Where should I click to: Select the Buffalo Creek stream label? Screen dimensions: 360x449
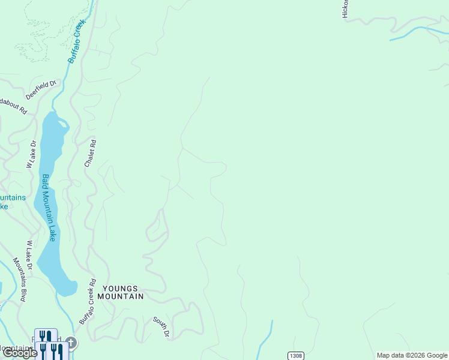[x=77, y=41]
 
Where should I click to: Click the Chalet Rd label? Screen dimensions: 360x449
[x=91, y=154]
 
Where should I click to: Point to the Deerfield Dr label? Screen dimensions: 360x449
[x=40, y=90]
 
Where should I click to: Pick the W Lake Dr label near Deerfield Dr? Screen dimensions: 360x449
[x=30, y=155]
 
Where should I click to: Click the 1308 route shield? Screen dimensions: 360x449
[x=295, y=355]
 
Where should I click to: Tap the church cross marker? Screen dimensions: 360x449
[x=71, y=343]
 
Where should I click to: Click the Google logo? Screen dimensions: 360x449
[x=19, y=353]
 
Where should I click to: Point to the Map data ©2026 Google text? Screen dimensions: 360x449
[x=411, y=355]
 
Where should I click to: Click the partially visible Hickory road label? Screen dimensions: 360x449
[x=346, y=9]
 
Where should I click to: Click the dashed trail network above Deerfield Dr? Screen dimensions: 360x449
[x=36, y=36]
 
